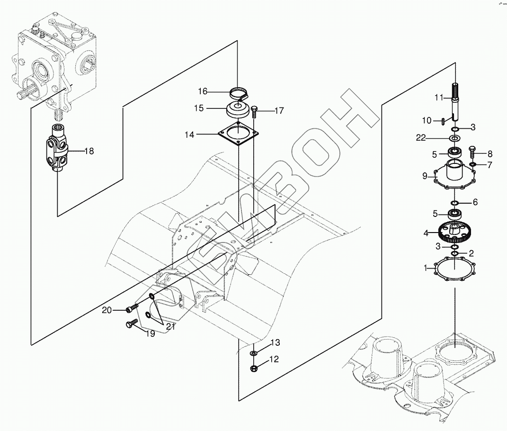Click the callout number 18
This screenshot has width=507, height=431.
(x=89, y=152)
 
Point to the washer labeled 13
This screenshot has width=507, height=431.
(x=254, y=353)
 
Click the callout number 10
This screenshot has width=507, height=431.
(x=427, y=121)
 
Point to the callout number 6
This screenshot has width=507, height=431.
(x=475, y=202)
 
